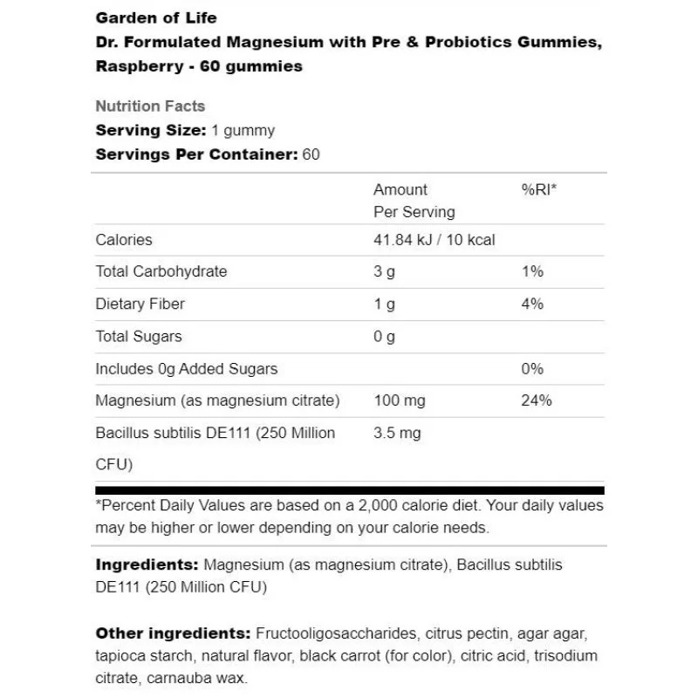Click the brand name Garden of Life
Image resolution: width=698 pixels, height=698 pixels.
pyautogui.click(x=156, y=17)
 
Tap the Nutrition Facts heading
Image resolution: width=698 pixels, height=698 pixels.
pyautogui.click(x=150, y=106)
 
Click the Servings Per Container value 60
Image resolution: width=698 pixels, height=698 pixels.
pyautogui.click(x=311, y=155)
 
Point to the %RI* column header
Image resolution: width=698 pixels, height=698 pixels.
pyautogui.click(x=538, y=189)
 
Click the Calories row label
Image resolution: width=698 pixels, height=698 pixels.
pyautogui.click(x=124, y=239)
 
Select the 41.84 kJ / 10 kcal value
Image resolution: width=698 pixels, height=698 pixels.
pyautogui.click(x=434, y=239)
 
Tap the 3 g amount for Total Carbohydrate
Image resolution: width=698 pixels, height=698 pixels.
pyautogui.click(x=384, y=271)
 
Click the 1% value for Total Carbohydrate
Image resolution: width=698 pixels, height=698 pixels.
pyautogui.click(x=532, y=271)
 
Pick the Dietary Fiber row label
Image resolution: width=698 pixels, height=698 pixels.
pyautogui.click(x=140, y=304)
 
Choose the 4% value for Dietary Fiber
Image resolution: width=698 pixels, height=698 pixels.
pyautogui.click(x=532, y=304)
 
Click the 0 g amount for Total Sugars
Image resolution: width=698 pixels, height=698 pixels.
pyautogui.click(x=384, y=336)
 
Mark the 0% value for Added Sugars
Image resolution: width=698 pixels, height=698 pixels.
pyautogui.click(x=532, y=368)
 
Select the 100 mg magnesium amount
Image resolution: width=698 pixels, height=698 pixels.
pyautogui.click(x=399, y=400)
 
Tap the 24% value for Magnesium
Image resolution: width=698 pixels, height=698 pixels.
pyautogui.click(x=536, y=400)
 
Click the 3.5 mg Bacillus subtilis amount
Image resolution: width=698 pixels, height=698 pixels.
pyautogui.click(x=397, y=433)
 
